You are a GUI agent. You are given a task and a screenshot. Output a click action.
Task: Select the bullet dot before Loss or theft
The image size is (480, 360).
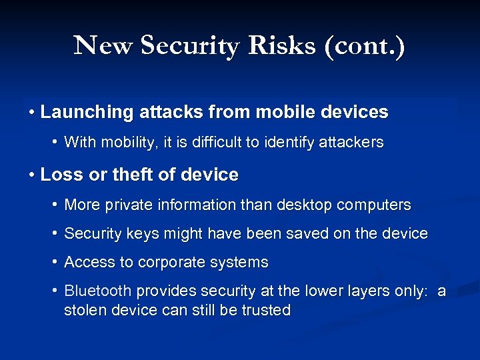(32, 175)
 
